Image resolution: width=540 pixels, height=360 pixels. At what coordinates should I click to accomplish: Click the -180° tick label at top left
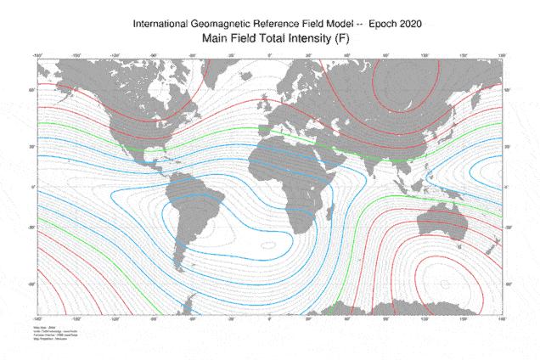[x=38, y=56]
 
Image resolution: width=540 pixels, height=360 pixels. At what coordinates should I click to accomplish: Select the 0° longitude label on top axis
[x=270, y=56]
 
